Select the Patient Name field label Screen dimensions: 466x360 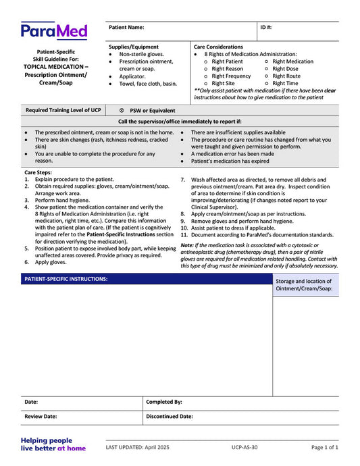[x=126, y=28]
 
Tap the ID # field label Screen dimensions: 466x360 [x=266, y=28]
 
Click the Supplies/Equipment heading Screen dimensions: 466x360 [x=134, y=47]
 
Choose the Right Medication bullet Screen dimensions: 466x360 [x=292, y=61]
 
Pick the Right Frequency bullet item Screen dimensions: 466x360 [x=231, y=76]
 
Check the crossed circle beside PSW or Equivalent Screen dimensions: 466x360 [x=122, y=110]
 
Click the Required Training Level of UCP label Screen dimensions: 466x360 [x=63, y=110]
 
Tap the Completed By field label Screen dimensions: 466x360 [x=164, y=402]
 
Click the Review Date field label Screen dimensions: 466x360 [x=41, y=417]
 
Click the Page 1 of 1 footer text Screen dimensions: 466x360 [x=325, y=448]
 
